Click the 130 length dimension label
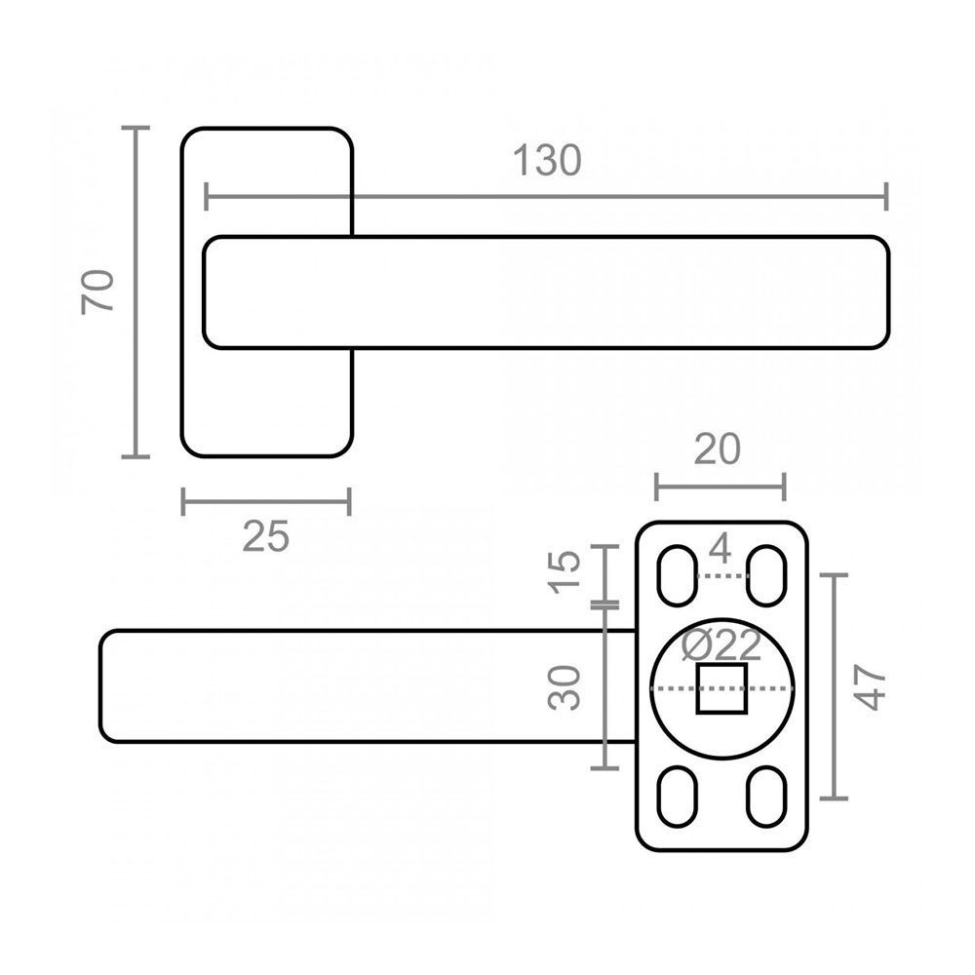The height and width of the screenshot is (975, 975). coord(547,161)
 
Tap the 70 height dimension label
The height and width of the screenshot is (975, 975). coord(100,291)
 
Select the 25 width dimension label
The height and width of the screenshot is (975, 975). coord(266,536)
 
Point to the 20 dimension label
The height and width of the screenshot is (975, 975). coord(719,449)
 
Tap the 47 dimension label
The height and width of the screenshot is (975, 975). coord(871,688)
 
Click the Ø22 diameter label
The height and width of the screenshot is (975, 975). coord(721,645)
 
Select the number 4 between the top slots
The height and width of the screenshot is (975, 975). coord(721,551)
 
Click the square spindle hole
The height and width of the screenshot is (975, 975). coord(721,688)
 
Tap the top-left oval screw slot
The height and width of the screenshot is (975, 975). coord(677,574)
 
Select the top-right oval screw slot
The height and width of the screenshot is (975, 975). coord(767,574)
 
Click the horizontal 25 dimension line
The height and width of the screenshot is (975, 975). coord(266,503)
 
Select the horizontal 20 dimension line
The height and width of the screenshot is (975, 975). coord(720,484)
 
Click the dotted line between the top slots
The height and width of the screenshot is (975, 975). coord(722,576)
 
